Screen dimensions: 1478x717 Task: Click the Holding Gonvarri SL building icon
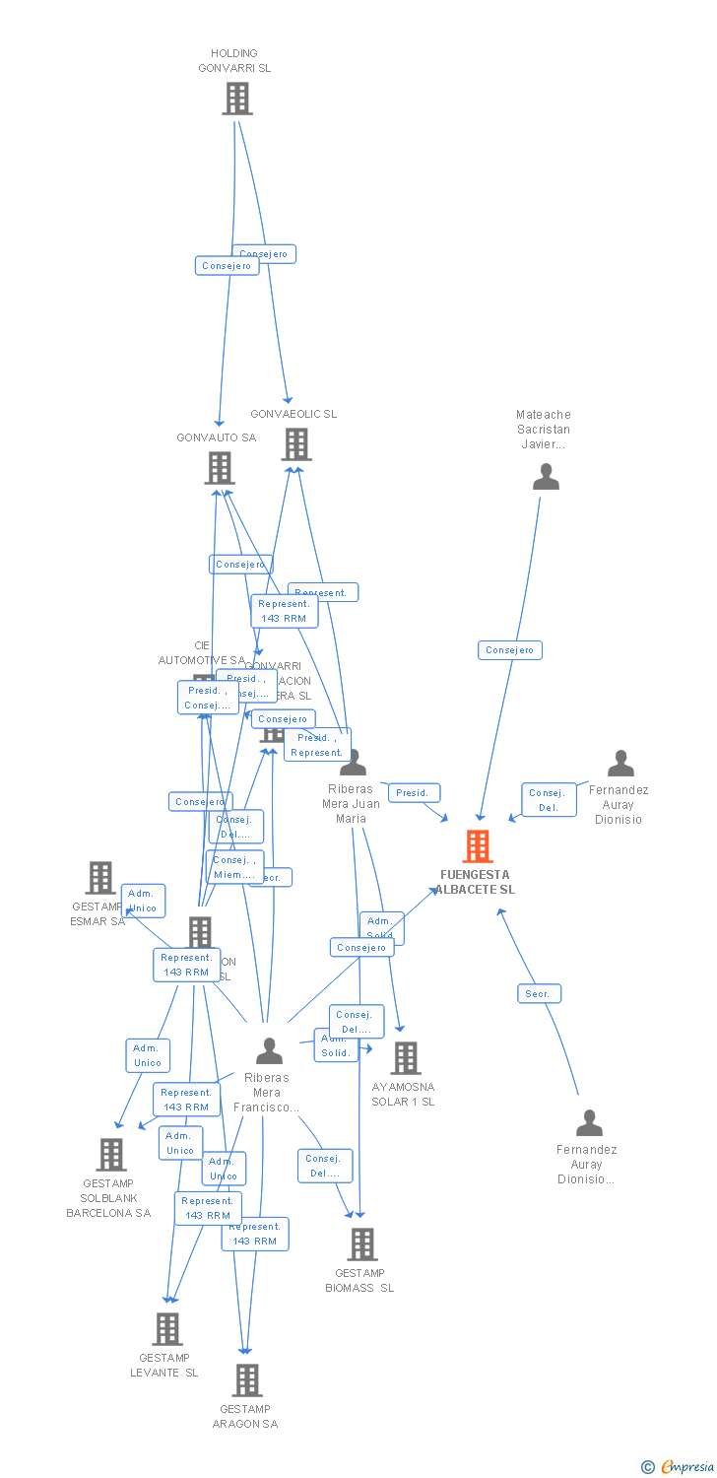pyautogui.click(x=236, y=99)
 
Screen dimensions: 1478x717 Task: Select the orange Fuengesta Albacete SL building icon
pyautogui.click(x=478, y=846)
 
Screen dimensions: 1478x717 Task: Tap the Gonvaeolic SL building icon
pyautogui.click(x=295, y=444)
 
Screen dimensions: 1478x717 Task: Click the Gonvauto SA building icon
pyautogui.click(x=219, y=468)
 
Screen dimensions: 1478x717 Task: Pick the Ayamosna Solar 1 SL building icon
pyautogui.click(x=405, y=1058)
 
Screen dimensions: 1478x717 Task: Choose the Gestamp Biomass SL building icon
pyautogui.click(x=361, y=1244)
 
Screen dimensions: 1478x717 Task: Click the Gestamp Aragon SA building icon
pyautogui.click(x=246, y=1380)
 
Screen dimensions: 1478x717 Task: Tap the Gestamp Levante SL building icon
pyautogui.click(x=166, y=1329)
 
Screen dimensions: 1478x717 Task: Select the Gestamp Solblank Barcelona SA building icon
pyautogui.click(x=110, y=1155)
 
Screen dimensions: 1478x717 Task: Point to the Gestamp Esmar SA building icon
pyautogui.click(x=99, y=877)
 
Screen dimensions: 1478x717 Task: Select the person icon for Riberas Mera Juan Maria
pyautogui.click(x=352, y=763)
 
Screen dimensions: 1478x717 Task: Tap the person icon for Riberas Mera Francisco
pyautogui.click(x=269, y=1051)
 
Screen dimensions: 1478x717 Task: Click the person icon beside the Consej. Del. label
pyautogui.click(x=620, y=764)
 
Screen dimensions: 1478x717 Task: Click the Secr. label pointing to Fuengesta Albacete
pyautogui.click(x=539, y=993)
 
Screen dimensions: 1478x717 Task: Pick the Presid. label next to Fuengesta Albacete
pyautogui.click(x=414, y=792)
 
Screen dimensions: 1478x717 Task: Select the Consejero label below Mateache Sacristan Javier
pyautogui.click(x=509, y=649)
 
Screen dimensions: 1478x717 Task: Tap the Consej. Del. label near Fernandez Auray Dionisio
pyautogui.click(x=549, y=800)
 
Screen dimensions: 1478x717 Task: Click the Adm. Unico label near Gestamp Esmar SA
pyautogui.click(x=143, y=901)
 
